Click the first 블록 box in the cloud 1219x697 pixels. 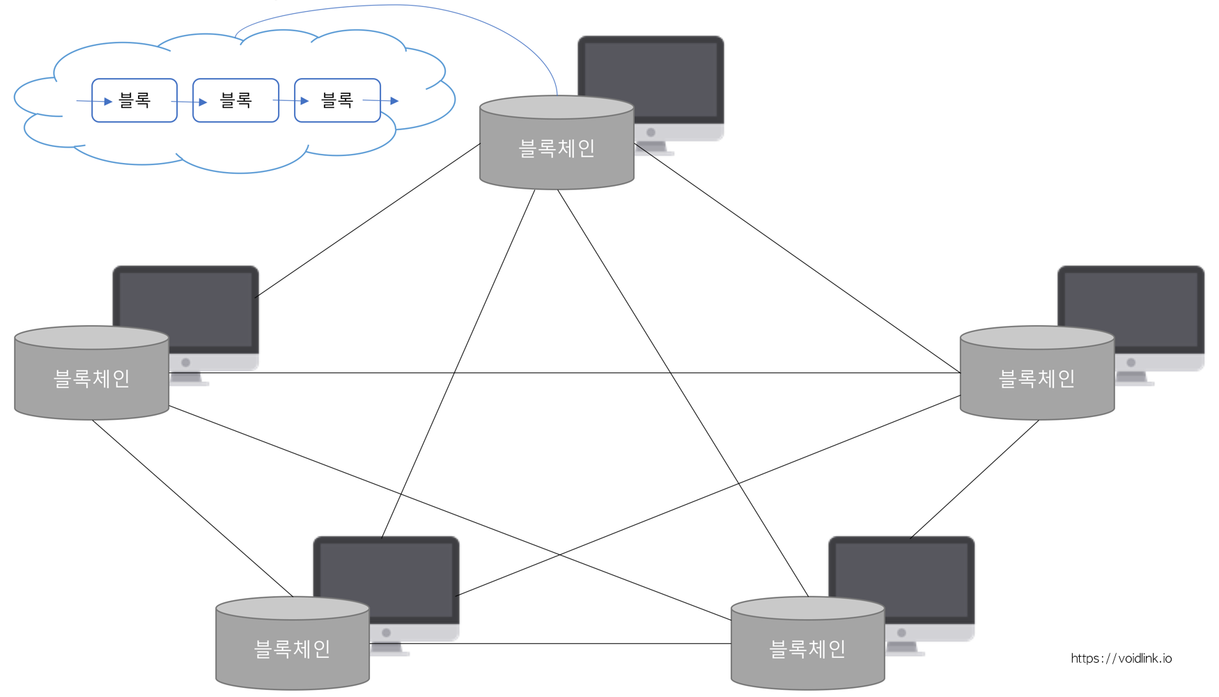tap(134, 100)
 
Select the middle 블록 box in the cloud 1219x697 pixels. tap(235, 100)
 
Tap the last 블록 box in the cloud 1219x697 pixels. tap(337, 100)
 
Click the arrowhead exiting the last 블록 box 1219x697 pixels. tap(394, 101)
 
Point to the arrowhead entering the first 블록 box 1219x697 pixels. tap(108, 102)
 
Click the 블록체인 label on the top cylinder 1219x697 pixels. tap(557, 148)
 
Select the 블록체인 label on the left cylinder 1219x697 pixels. tap(92, 379)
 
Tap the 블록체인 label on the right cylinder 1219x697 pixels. tap(1036, 379)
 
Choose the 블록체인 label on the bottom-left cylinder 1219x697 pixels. tap(293, 649)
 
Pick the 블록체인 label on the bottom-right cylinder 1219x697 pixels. tap(807, 649)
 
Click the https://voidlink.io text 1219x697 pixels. tap(1121, 658)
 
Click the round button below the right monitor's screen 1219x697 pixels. tap(1131, 363)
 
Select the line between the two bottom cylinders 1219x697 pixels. tap(550, 643)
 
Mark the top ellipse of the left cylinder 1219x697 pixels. tap(92, 338)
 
